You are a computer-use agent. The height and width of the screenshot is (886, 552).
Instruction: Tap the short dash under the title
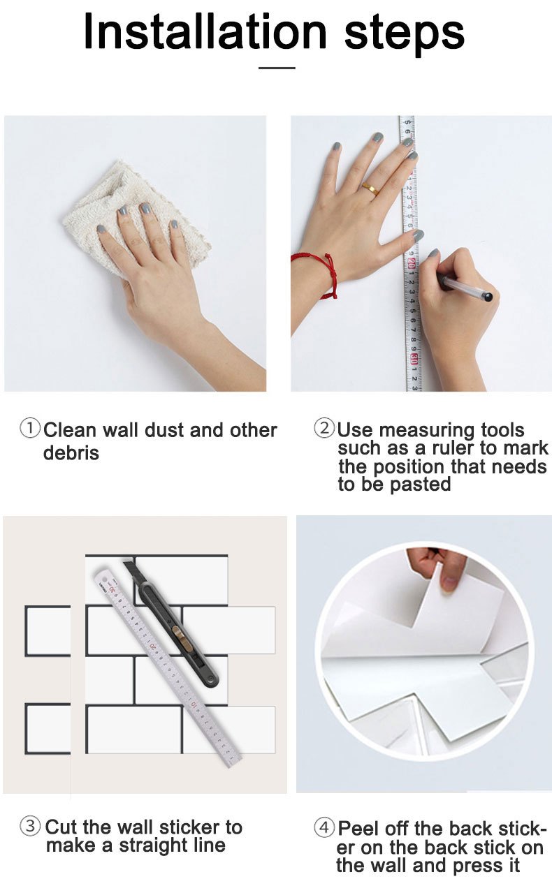pos(277,68)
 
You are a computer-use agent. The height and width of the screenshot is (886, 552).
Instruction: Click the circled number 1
pos(30,428)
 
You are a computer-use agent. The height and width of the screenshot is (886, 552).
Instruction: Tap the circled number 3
pos(30,827)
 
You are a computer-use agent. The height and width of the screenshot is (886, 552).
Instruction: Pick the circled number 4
pos(324,828)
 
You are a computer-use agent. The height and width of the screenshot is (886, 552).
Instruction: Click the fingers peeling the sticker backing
pos(433,566)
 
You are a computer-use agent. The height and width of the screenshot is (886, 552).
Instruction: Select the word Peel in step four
pos(358,829)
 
